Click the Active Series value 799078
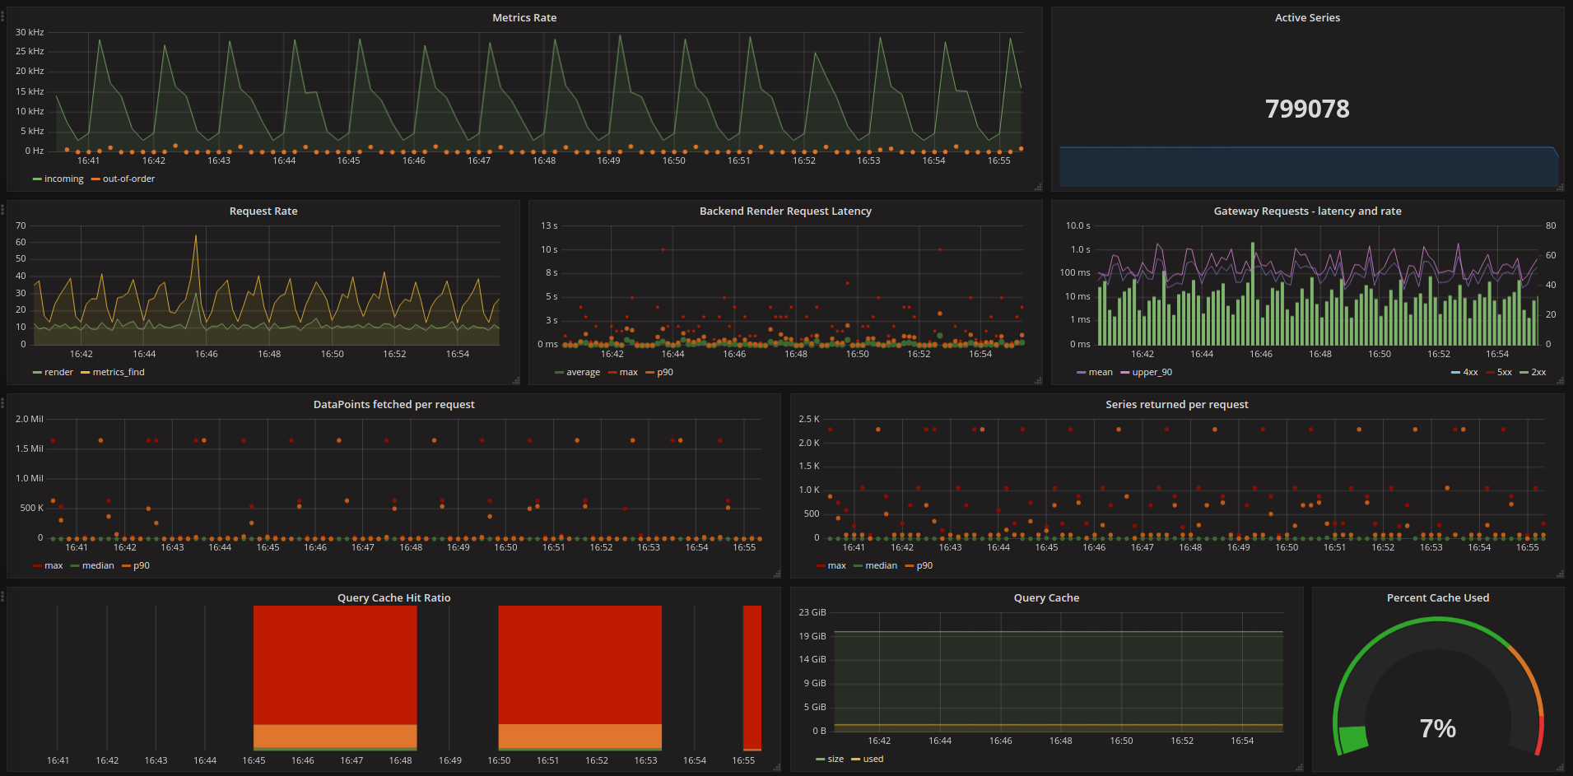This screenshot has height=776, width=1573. tap(1307, 109)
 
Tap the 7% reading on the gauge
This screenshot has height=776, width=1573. tap(1438, 728)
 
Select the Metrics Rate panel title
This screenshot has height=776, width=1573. tap(524, 17)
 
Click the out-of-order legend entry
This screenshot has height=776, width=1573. tap(123, 179)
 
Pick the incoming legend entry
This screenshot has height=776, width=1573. tap(58, 179)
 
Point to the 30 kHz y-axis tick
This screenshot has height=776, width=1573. tap(30, 32)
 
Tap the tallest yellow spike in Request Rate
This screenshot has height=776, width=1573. tap(196, 236)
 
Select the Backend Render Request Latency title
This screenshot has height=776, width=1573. tap(785, 211)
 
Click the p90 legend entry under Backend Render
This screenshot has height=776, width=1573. tap(660, 372)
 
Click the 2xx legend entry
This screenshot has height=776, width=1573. tap(1533, 372)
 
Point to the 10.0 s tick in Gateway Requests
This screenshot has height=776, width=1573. tap(1077, 225)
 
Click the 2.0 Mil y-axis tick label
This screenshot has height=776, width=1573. tap(30, 419)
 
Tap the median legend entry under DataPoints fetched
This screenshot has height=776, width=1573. tap(93, 565)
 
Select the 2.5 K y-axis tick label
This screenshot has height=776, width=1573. tap(809, 419)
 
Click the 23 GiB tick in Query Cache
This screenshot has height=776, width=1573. tap(812, 612)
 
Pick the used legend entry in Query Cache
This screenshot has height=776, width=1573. tap(868, 759)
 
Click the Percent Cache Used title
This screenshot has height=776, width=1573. tap(1438, 597)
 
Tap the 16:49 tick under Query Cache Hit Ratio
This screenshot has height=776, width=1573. tap(450, 760)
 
